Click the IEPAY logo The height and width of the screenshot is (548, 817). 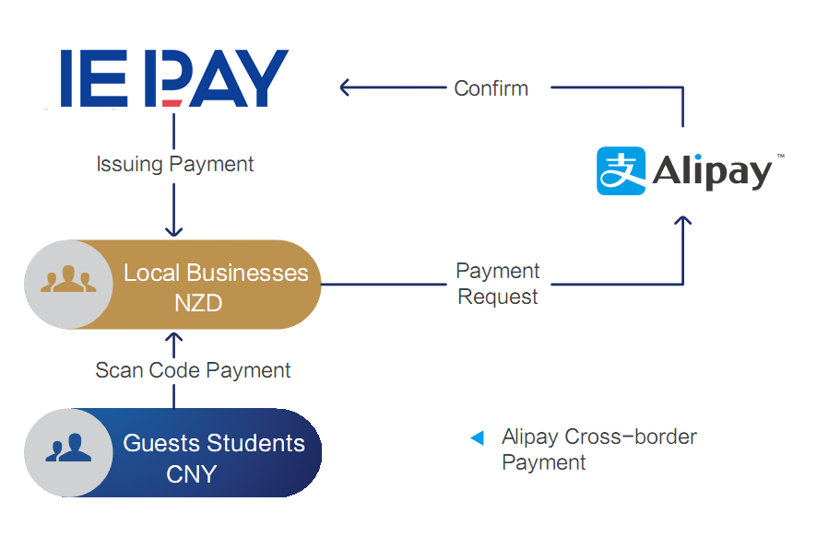pyautogui.click(x=175, y=78)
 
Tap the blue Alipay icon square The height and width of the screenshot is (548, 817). pyautogui.click(x=621, y=170)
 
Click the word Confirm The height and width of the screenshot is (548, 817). pyautogui.click(x=491, y=88)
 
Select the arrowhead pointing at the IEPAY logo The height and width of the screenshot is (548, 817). pyautogui.click(x=345, y=87)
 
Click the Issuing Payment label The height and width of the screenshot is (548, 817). pyautogui.click(x=175, y=165)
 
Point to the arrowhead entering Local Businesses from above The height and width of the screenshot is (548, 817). pyautogui.click(x=173, y=231)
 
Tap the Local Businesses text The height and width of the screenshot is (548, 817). pyautogui.click(x=216, y=273)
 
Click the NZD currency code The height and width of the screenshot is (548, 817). pyautogui.click(x=198, y=302)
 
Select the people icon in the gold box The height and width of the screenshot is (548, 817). pyautogui.click(x=68, y=283)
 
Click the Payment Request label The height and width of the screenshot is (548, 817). pyautogui.click(x=498, y=284)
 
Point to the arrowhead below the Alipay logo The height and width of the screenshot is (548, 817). pyautogui.click(x=682, y=222)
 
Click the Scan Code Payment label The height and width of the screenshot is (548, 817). pyautogui.click(x=193, y=370)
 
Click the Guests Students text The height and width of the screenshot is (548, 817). pyautogui.click(x=214, y=443)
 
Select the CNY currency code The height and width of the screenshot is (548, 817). pyautogui.click(x=191, y=474)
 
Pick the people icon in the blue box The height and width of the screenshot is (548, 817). pyautogui.click(x=68, y=449)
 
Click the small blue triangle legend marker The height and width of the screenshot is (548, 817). pyautogui.click(x=477, y=437)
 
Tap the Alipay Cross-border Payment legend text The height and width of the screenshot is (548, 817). pyautogui.click(x=599, y=449)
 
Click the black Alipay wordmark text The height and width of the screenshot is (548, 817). pyautogui.click(x=712, y=172)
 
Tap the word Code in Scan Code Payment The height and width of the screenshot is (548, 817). pyautogui.click(x=175, y=370)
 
